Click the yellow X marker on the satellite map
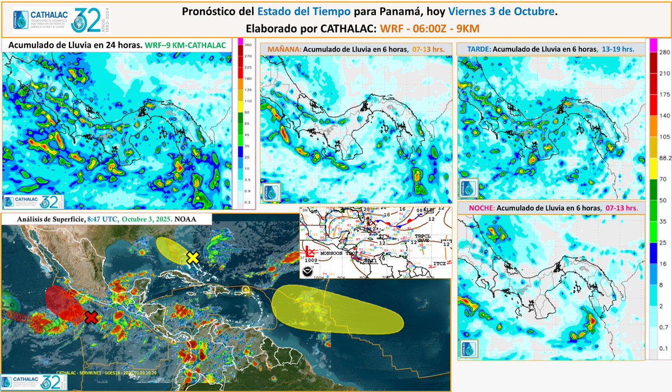[x=193, y=257]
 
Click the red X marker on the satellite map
[x=91, y=317]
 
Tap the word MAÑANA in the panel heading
[x=284, y=49]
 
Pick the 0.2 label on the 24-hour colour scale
[x=247, y=201]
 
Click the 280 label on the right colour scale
[x=664, y=52]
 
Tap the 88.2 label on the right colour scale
[x=665, y=159]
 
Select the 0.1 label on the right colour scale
[x=664, y=348]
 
